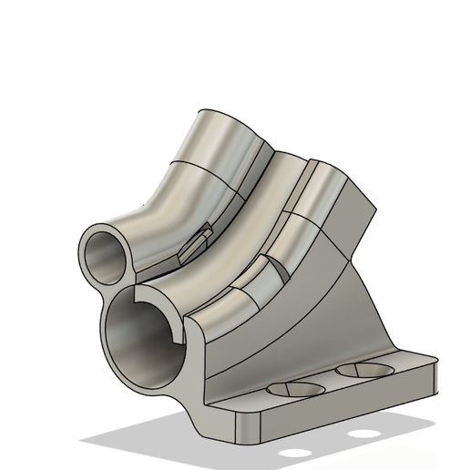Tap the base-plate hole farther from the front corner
(364, 371)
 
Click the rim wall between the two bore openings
(122, 287)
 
